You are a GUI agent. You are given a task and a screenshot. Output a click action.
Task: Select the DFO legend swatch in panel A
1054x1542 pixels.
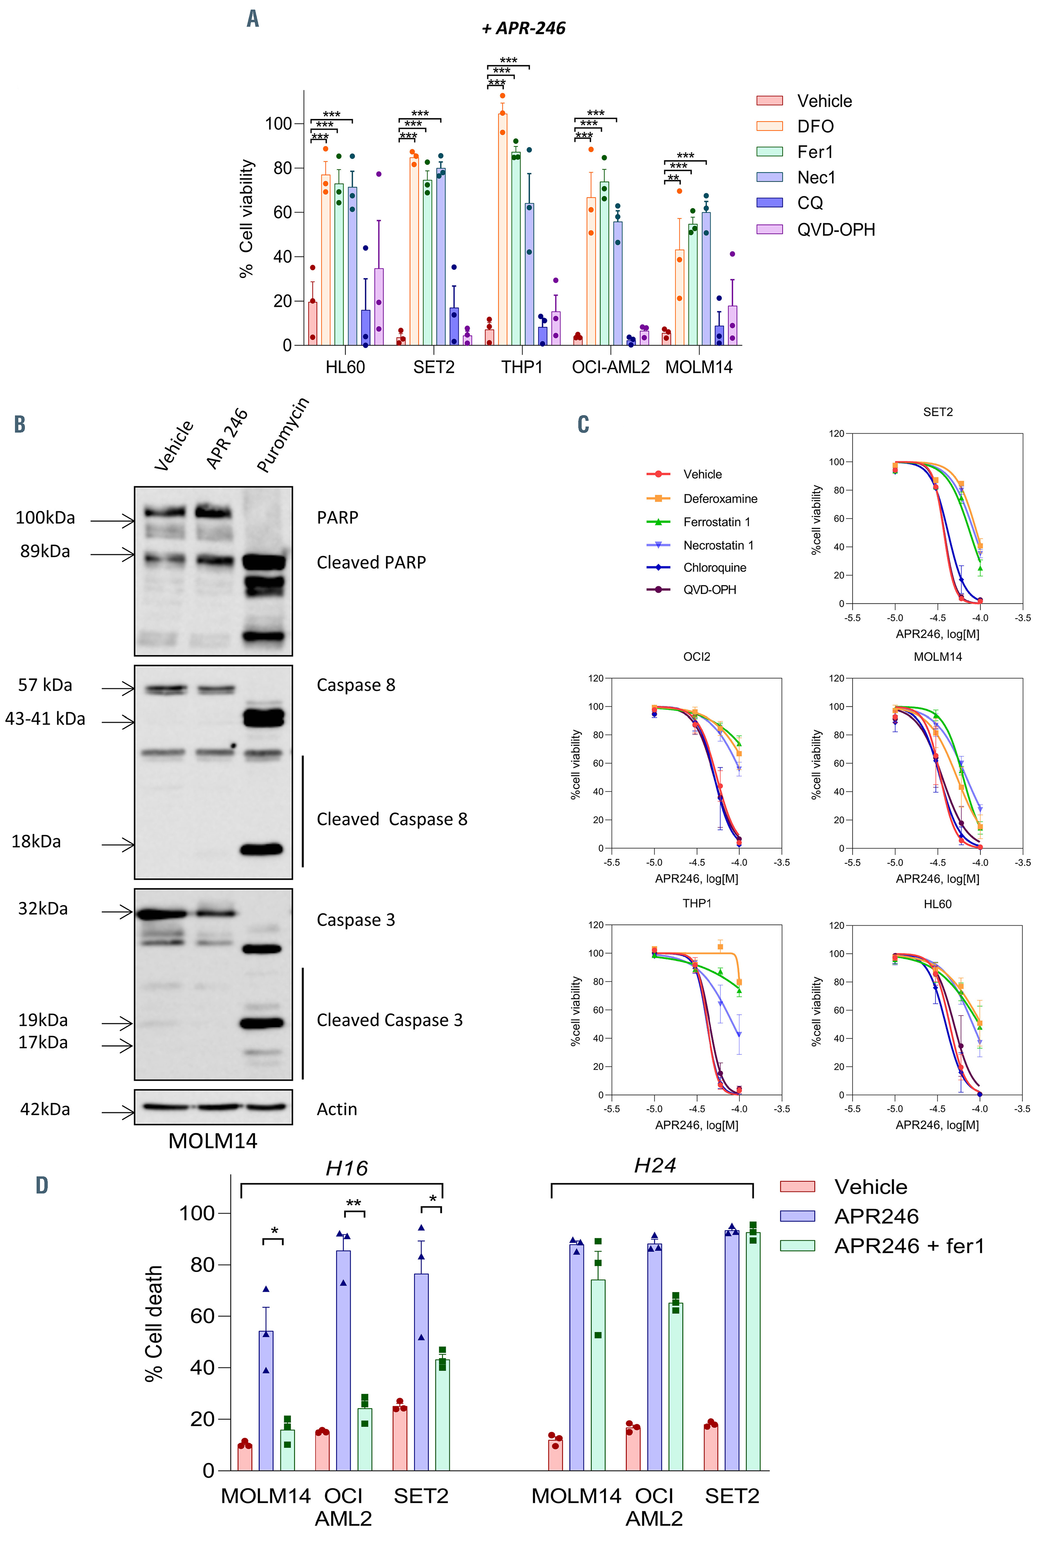tap(769, 126)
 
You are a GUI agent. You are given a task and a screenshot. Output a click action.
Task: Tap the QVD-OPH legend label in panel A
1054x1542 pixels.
tap(836, 229)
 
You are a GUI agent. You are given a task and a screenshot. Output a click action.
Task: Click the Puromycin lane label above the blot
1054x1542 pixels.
tap(282, 435)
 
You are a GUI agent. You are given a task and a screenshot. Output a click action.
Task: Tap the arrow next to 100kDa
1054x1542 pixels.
tap(112, 521)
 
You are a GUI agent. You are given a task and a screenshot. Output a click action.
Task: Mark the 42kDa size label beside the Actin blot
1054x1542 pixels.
tap(45, 1109)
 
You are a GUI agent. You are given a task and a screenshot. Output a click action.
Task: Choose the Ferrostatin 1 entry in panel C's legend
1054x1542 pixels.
tap(716, 522)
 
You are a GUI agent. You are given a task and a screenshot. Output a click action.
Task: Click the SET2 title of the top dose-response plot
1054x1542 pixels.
tap(937, 412)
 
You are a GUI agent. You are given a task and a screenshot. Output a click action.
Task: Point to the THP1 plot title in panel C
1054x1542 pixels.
tap(697, 903)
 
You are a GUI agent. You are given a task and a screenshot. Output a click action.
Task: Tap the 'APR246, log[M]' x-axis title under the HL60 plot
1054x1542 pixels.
tap(937, 1125)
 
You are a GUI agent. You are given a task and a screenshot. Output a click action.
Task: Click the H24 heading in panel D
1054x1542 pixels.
tap(654, 1165)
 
